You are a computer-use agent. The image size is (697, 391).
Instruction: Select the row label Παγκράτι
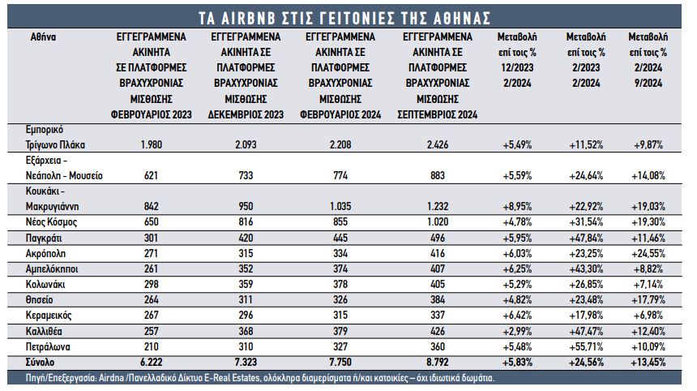click(x=44, y=238)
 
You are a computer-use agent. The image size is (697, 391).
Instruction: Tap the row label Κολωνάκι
click(x=45, y=284)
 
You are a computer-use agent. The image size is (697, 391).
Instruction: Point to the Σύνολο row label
click(x=40, y=362)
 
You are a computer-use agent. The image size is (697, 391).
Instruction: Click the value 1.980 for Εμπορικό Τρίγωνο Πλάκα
click(x=151, y=144)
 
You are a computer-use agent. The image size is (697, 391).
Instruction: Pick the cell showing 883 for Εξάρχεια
click(x=438, y=176)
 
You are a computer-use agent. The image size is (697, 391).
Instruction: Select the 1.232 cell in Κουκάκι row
click(x=438, y=206)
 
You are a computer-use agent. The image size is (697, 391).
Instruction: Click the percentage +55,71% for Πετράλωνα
click(x=586, y=346)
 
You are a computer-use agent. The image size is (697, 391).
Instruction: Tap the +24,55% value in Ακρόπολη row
click(x=648, y=254)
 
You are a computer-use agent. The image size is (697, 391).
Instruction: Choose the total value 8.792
click(x=438, y=362)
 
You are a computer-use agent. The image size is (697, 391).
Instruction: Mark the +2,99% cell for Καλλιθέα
click(x=517, y=332)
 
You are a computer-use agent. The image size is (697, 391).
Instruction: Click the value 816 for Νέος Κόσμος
click(x=246, y=222)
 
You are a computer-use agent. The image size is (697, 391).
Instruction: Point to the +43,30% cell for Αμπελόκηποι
click(x=586, y=269)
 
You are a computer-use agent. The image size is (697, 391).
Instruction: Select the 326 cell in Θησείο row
click(x=340, y=300)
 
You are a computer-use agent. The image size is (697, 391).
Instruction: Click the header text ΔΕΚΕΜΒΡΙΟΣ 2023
click(x=246, y=114)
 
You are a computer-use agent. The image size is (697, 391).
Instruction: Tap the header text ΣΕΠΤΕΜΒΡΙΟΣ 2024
click(x=438, y=114)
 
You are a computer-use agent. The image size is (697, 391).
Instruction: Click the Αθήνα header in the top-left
click(x=43, y=37)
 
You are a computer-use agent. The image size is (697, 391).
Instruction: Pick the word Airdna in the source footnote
click(x=112, y=378)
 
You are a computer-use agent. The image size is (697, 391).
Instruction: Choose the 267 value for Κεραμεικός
click(x=151, y=316)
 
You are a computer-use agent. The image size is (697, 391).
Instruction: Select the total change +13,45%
click(x=648, y=362)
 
